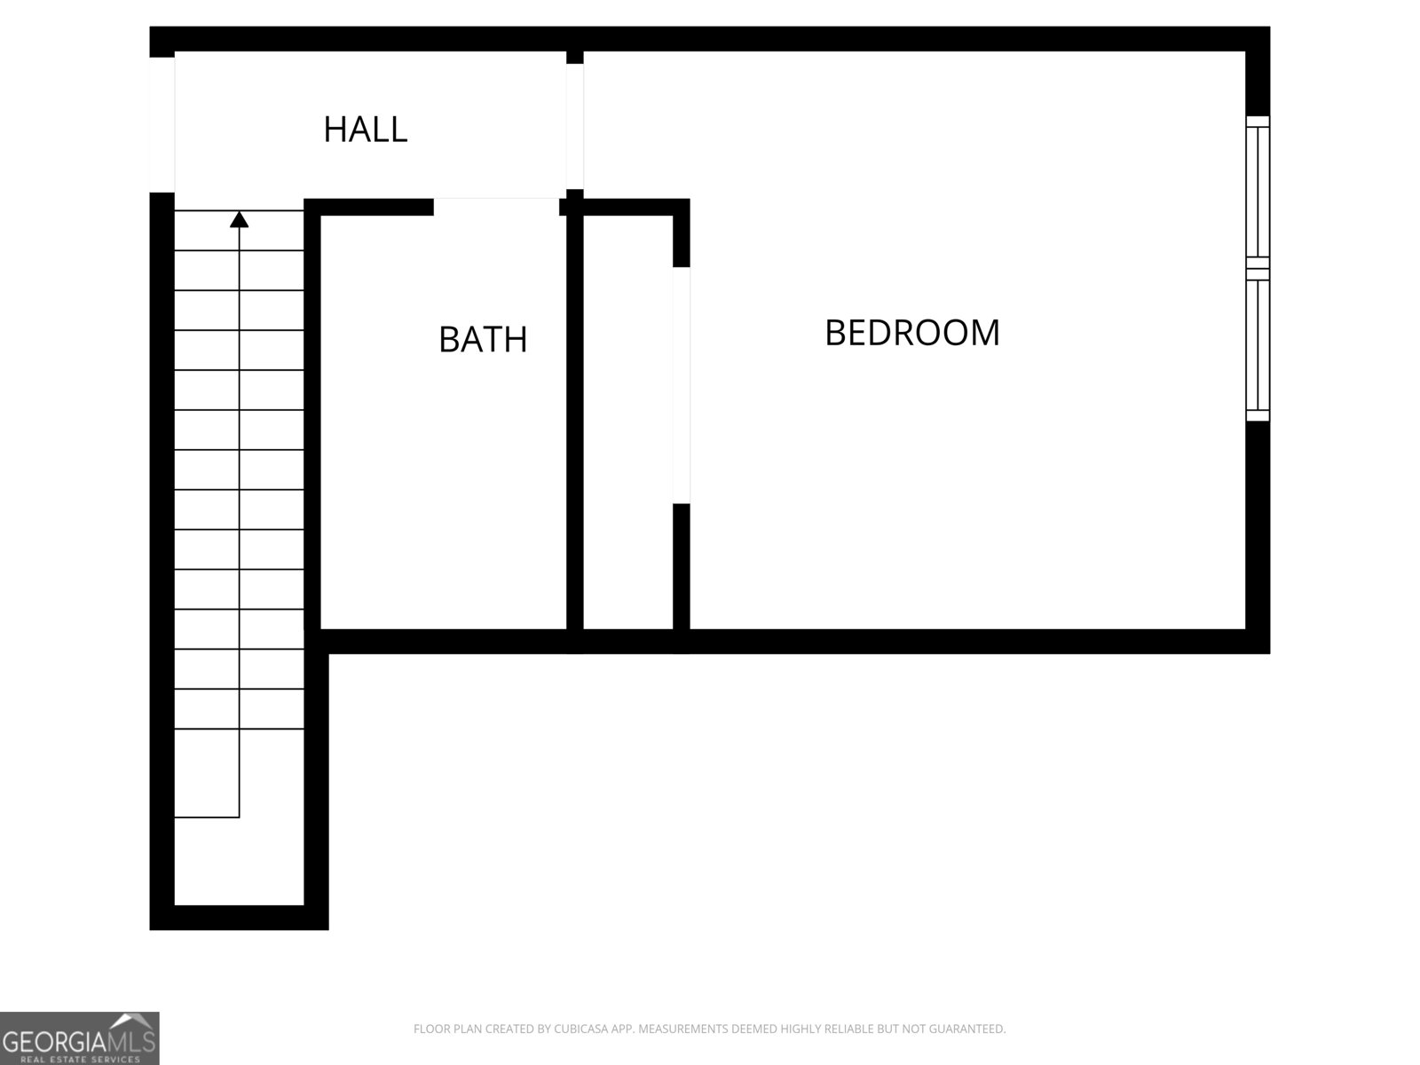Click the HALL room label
[x=365, y=130]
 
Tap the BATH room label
[x=483, y=339]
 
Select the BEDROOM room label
[x=912, y=333]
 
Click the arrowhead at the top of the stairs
[x=240, y=218]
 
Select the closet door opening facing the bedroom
[x=681, y=385]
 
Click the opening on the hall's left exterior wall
[x=162, y=124]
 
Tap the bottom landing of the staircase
[x=240, y=861]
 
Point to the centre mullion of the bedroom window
[x=1258, y=264]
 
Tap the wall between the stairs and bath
[x=312, y=417]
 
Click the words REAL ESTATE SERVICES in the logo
[x=80, y=1059]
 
